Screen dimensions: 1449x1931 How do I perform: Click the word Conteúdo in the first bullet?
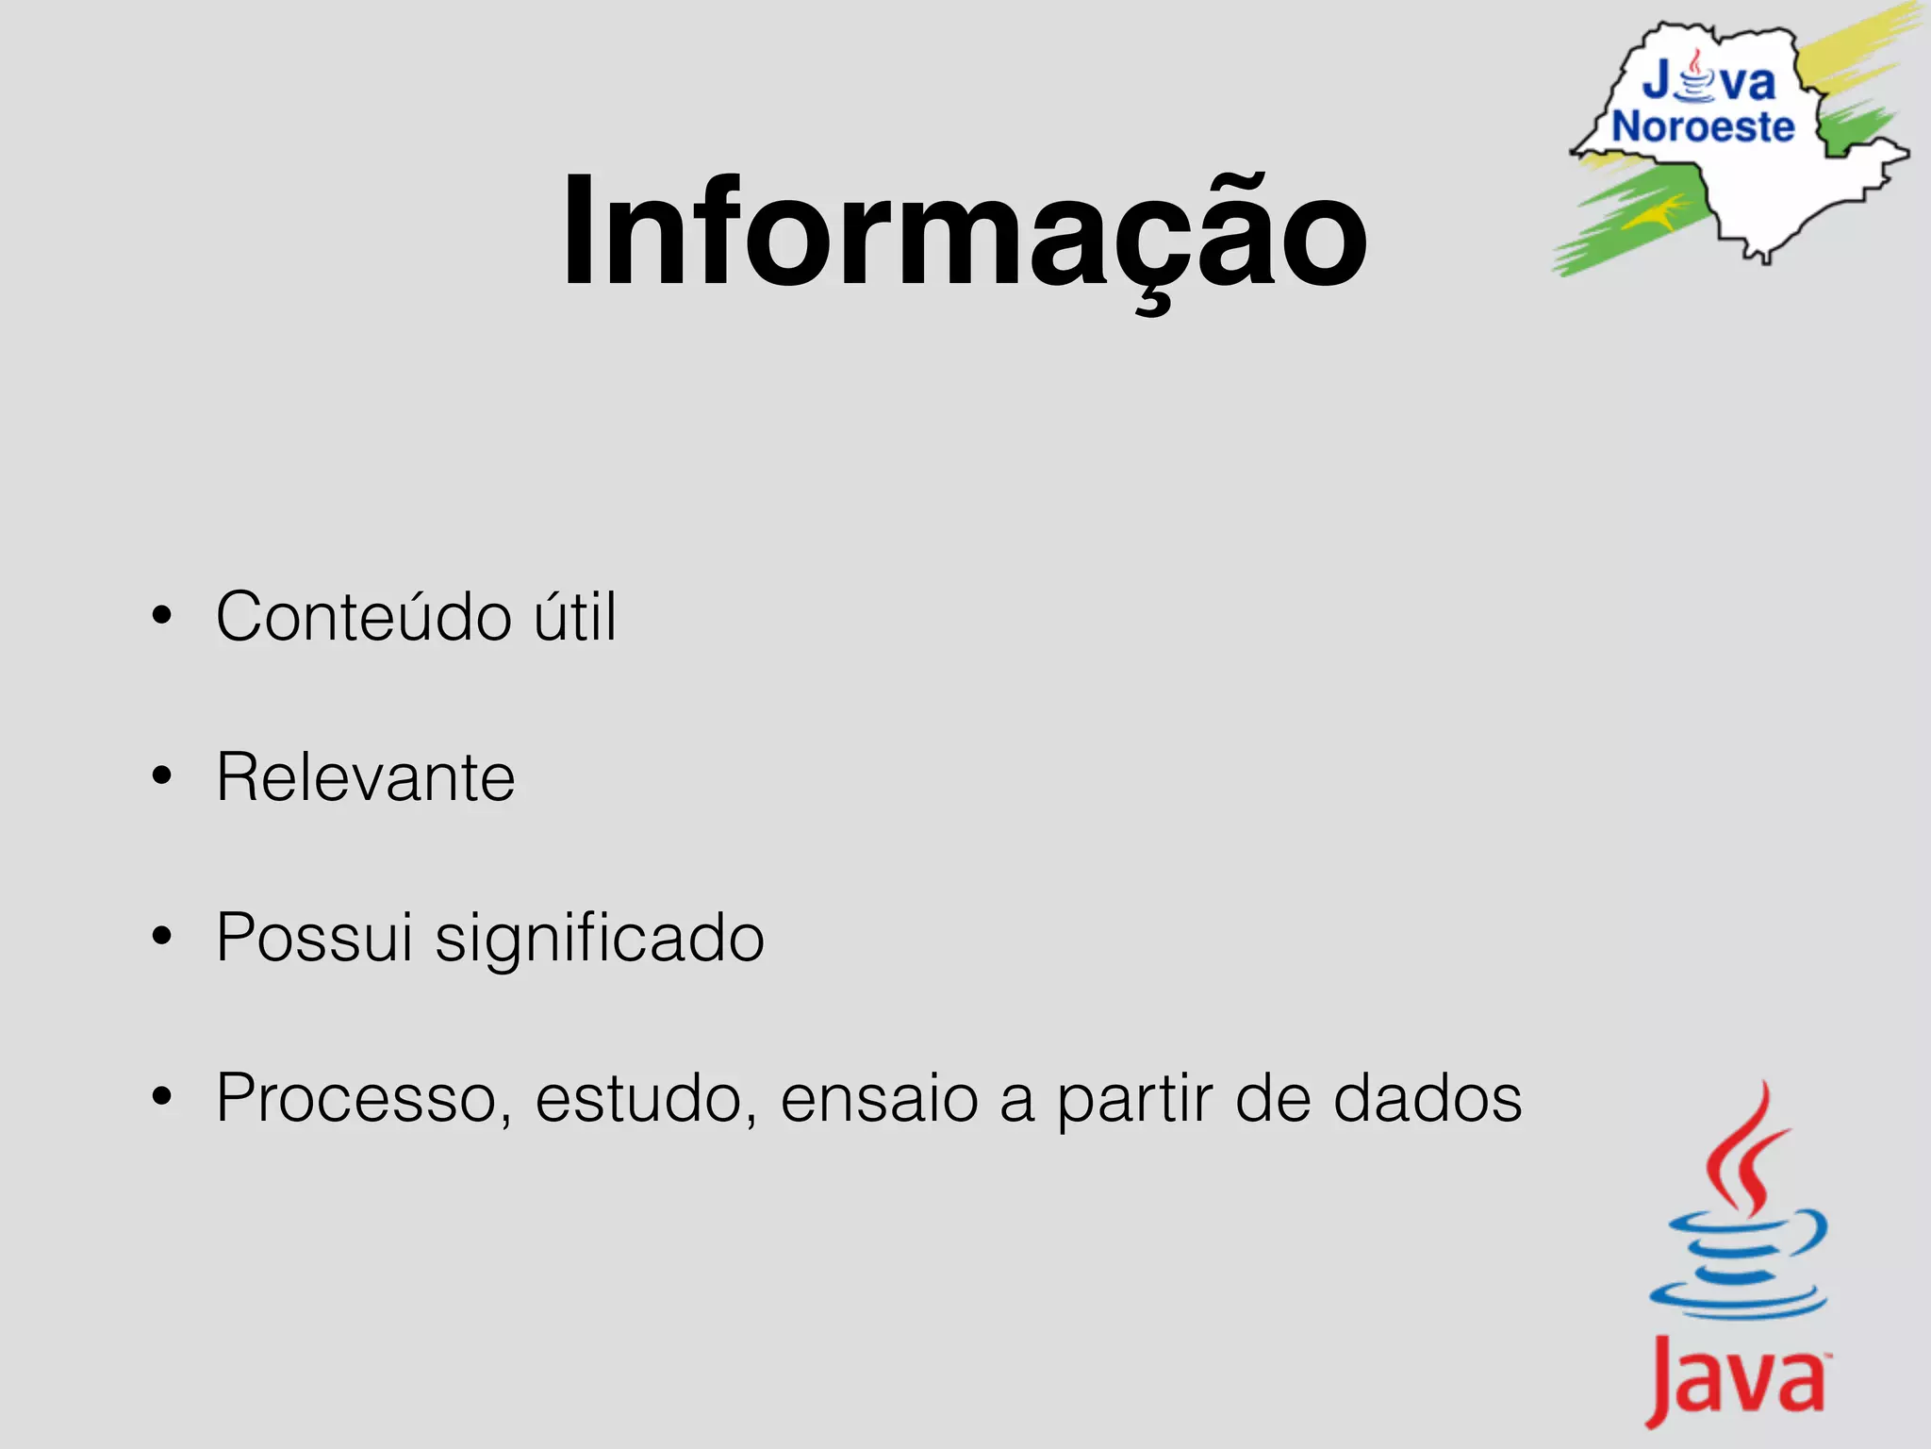point(364,617)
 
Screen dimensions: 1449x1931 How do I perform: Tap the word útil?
point(575,617)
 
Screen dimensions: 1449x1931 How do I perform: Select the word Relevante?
point(366,777)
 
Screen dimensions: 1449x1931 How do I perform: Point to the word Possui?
point(314,939)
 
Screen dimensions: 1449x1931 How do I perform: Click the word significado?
point(600,939)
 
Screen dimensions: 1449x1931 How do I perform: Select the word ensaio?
point(879,1099)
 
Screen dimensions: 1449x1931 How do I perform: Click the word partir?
point(1134,1099)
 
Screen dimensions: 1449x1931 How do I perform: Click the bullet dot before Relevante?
point(162,776)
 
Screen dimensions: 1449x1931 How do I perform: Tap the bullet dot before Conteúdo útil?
point(162,616)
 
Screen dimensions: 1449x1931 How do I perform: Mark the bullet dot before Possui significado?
point(162,937)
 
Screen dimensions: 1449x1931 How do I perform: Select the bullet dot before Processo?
point(162,1097)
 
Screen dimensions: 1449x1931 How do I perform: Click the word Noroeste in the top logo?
point(1703,127)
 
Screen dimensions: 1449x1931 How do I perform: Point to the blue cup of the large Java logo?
point(1740,1269)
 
